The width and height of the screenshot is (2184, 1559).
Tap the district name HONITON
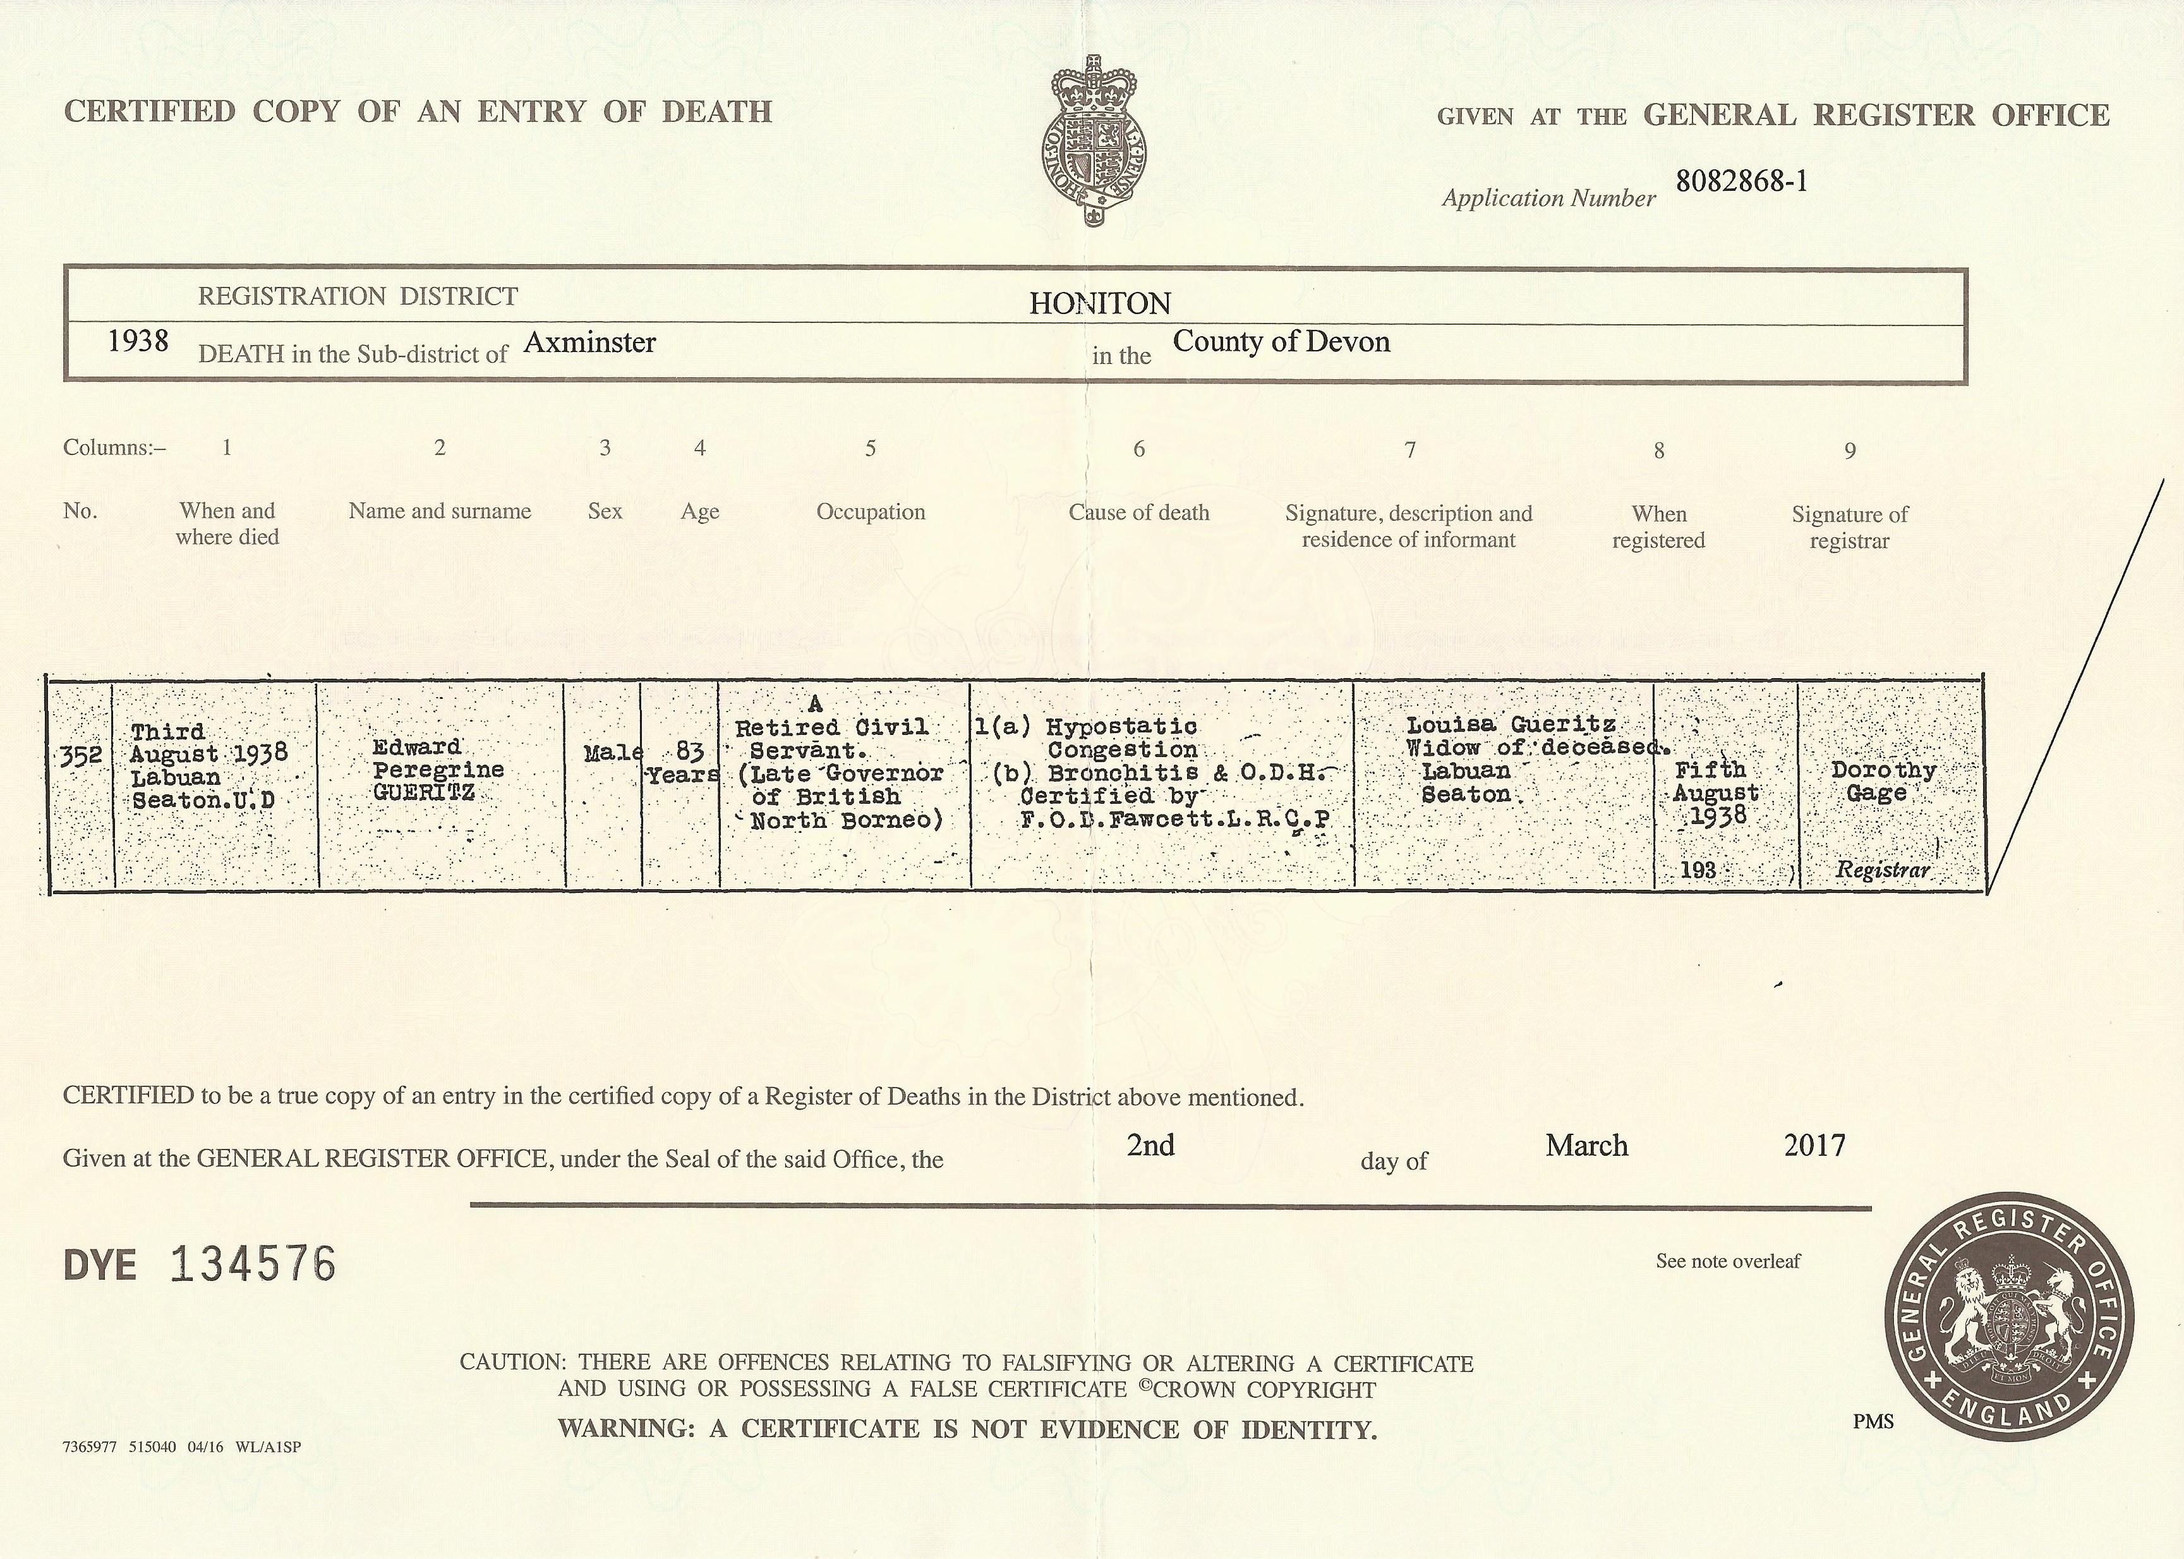click(x=1100, y=305)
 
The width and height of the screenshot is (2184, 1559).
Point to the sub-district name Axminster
click(x=589, y=343)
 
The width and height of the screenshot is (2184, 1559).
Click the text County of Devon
click(x=1281, y=342)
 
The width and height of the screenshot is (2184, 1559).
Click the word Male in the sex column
click(x=612, y=753)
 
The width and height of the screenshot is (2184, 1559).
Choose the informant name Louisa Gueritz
click(x=1511, y=725)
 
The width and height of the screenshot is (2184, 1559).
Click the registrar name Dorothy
click(x=1883, y=770)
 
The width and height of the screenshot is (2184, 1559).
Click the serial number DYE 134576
click(x=200, y=1265)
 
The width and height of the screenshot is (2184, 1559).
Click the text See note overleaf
click(x=1727, y=1261)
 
